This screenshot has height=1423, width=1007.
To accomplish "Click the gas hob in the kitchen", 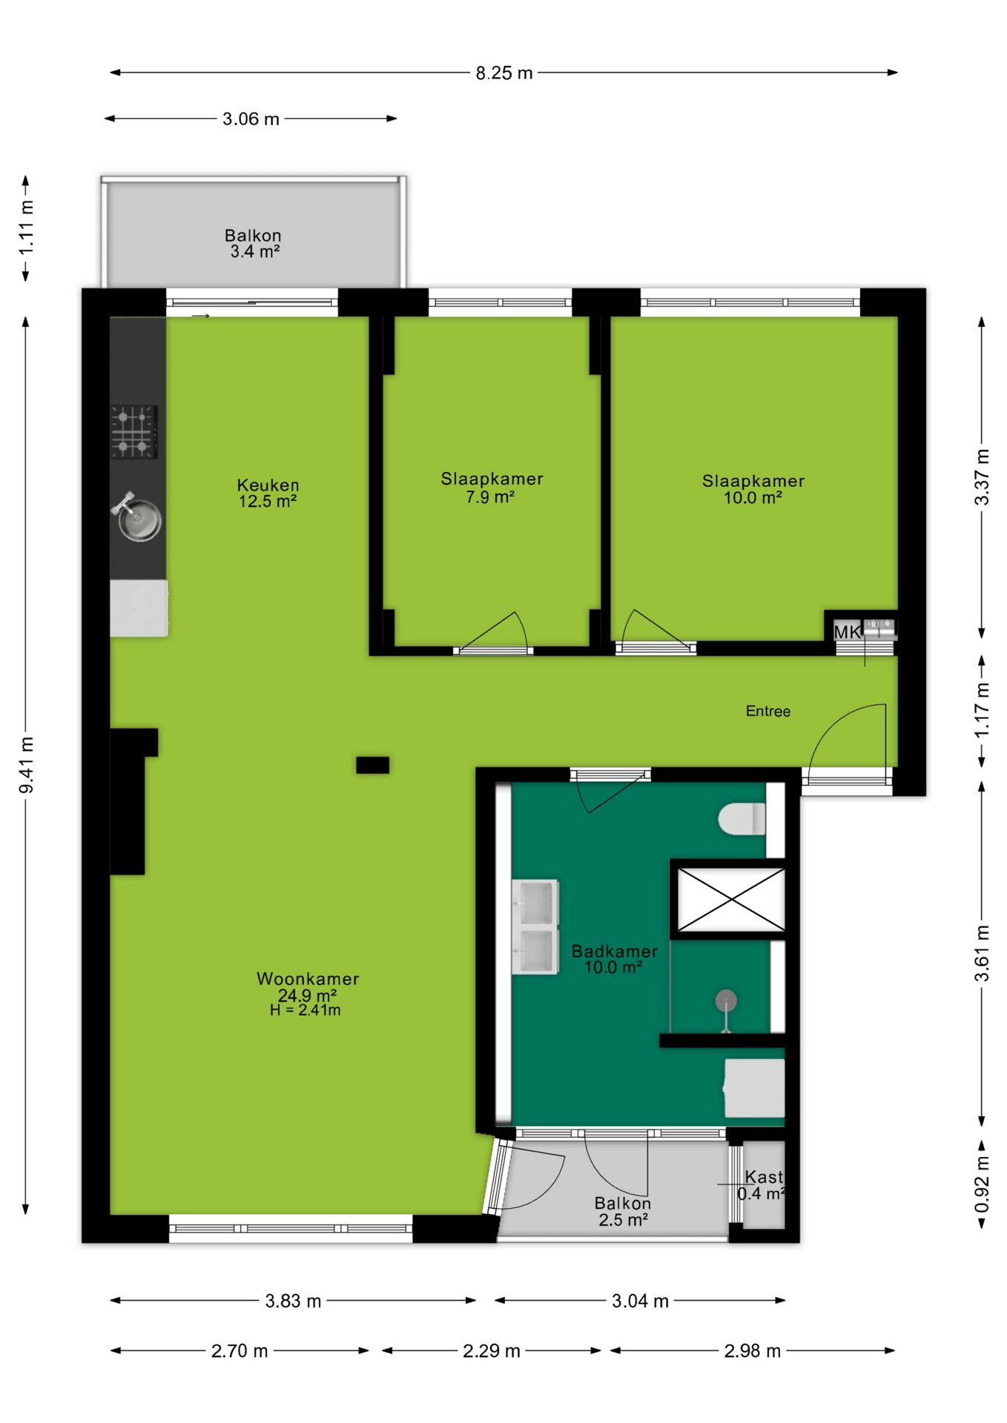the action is (134, 431).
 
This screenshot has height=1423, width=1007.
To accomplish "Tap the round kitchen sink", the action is (138, 519).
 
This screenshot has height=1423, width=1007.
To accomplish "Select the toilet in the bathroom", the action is (742, 819).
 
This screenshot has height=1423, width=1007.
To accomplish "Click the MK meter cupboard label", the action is (847, 631).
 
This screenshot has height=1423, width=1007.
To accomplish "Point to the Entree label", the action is (768, 711).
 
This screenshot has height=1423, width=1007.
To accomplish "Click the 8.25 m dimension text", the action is (504, 73).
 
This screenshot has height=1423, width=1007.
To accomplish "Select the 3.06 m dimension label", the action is (251, 119).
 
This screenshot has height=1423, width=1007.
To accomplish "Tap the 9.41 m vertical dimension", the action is (27, 765).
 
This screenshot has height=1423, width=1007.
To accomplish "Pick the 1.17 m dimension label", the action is (982, 710).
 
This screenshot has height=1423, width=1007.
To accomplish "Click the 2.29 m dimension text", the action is (492, 1350).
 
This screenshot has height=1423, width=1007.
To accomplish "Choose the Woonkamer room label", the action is (308, 978).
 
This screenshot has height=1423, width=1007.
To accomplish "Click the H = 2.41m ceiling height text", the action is (306, 1010).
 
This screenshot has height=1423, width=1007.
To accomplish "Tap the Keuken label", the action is (268, 485).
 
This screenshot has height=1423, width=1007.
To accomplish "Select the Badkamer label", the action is (615, 951).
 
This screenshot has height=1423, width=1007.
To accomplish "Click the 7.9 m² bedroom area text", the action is (490, 497).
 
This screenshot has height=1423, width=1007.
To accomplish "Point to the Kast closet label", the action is (764, 1177).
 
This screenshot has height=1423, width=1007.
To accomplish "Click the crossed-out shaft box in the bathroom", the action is (731, 900).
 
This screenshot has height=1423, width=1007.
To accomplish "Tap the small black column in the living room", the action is (372, 765).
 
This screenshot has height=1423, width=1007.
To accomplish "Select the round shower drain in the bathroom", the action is (726, 1001).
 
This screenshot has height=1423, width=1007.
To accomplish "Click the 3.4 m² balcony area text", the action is (254, 251).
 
